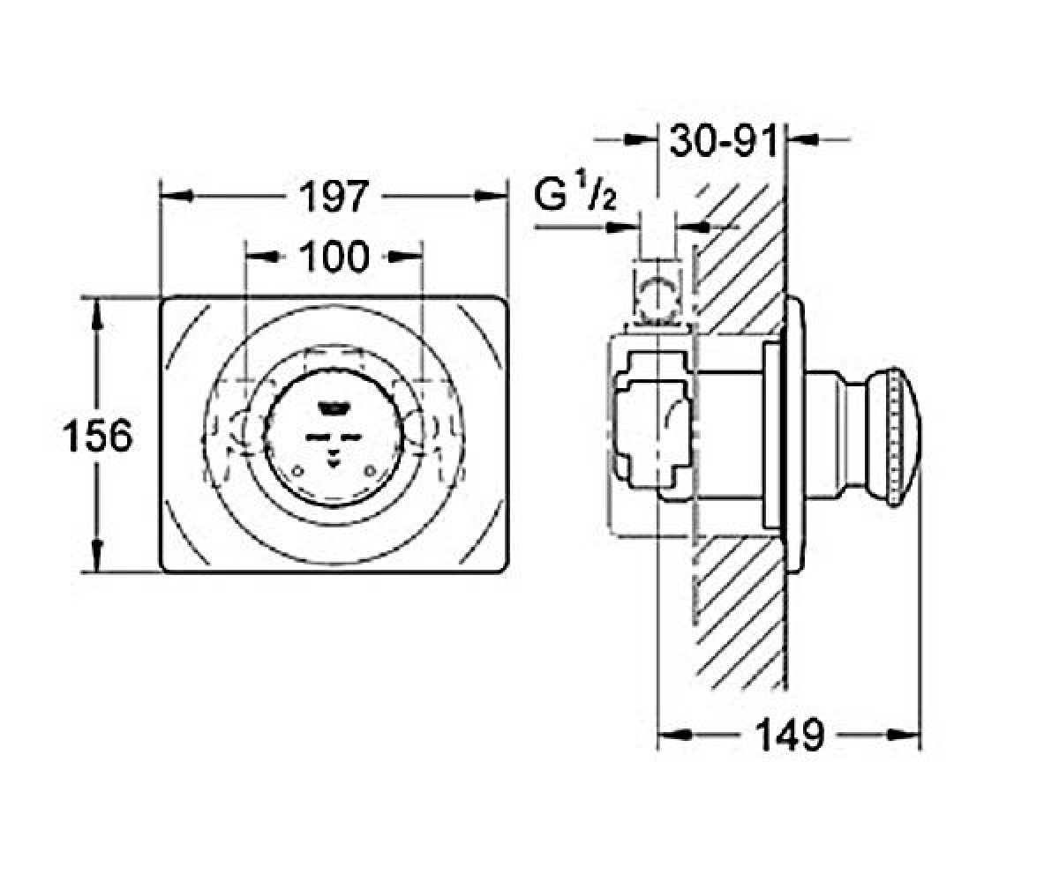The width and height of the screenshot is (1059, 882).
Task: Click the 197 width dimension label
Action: [333, 197]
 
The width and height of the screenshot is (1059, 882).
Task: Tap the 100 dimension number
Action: [334, 257]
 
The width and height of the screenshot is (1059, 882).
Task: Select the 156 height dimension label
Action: [97, 436]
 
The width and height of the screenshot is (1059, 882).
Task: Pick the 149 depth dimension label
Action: [790, 735]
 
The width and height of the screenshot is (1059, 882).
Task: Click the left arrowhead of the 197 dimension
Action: [176, 196]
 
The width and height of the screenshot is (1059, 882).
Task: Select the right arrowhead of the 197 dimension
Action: [491, 196]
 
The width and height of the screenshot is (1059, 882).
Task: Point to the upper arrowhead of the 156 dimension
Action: [98, 315]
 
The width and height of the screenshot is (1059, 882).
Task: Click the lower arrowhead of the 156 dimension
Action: [98, 556]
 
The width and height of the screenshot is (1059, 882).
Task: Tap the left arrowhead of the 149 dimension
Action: [674, 735]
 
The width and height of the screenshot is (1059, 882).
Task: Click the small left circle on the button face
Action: [298, 471]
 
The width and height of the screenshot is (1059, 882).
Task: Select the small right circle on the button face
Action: [371, 471]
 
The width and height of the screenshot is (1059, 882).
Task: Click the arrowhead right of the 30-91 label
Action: [804, 138]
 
